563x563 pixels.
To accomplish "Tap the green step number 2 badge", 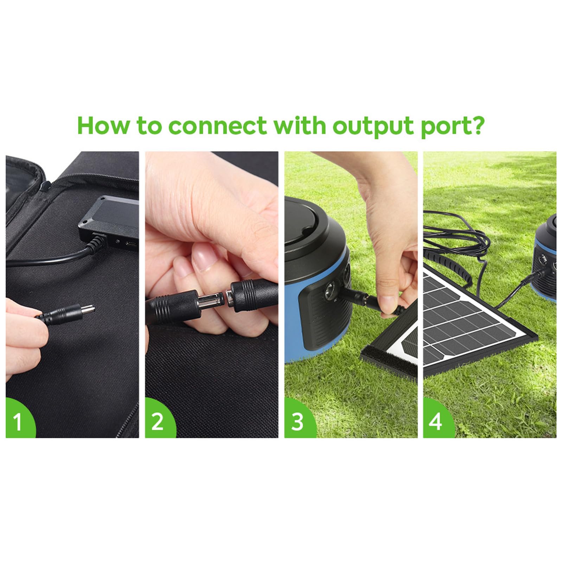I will point(158,421).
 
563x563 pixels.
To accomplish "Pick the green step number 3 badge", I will point(297,421).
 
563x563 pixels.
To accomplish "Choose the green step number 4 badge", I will point(435,421).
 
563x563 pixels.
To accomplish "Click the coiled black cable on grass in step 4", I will point(457,239).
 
